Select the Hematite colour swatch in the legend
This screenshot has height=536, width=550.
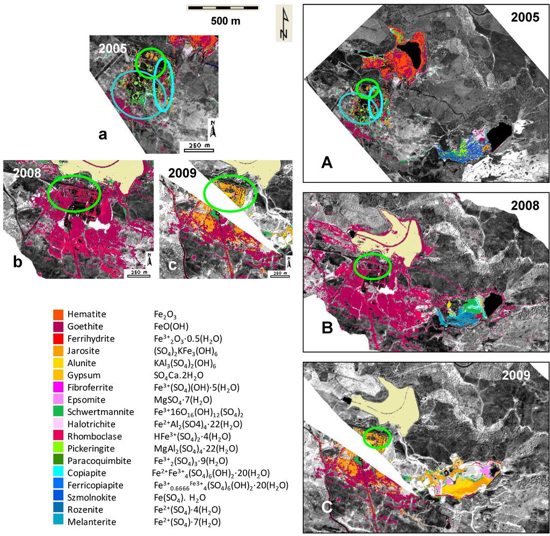57,314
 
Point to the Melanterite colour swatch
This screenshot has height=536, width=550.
57,521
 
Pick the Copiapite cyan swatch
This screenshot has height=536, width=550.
57,473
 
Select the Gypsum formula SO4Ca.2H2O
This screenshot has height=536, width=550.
180,375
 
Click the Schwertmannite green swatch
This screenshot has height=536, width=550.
57,412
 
